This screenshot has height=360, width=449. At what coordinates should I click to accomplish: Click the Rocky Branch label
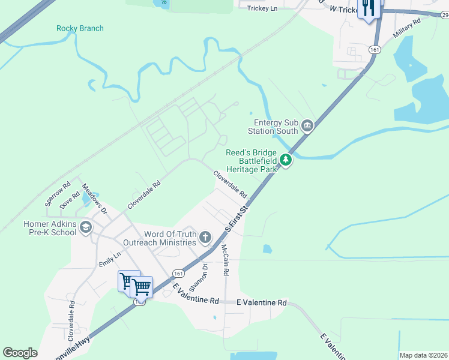[80, 28]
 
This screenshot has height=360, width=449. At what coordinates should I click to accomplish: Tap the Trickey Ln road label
[263, 8]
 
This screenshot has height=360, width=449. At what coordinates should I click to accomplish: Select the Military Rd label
[407, 28]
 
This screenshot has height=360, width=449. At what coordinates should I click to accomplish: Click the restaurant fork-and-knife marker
[368, 8]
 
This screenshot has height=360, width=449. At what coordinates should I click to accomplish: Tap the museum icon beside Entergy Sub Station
[307, 125]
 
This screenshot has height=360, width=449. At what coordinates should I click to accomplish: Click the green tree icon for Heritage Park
[287, 160]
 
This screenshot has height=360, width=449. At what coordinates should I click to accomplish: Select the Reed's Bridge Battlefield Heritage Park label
[252, 161]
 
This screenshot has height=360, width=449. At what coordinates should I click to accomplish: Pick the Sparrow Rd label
[58, 191]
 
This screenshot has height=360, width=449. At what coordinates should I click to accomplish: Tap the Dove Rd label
[70, 200]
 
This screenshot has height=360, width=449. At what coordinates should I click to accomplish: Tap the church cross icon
[205, 238]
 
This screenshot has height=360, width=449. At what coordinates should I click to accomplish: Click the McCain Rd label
[224, 259]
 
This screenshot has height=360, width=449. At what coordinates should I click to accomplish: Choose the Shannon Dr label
[198, 275]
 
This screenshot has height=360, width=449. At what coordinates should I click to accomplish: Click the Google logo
[20, 353]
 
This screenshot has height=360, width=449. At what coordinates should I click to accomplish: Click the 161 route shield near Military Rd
[375, 50]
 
